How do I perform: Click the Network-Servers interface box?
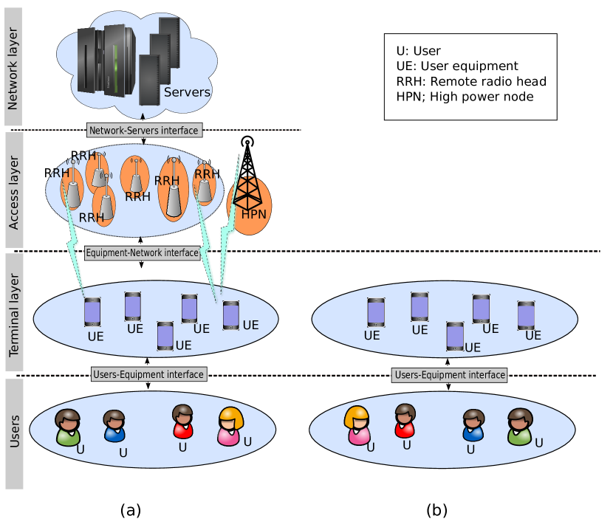[x=145, y=130]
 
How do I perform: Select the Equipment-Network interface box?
[x=143, y=253]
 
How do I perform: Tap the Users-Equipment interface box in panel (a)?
[x=149, y=374]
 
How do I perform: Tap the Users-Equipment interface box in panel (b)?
[x=450, y=375]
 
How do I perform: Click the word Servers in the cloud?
[x=187, y=92]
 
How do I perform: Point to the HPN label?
[x=254, y=214]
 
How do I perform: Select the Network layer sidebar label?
[x=13, y=69]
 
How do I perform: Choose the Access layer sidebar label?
[x=14, y=193]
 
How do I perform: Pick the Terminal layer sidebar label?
[x=14, y=314]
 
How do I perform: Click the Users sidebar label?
[x=14, y=431]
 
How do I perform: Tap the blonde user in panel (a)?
[x=230, y=427]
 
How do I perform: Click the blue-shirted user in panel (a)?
[x=114, y=426]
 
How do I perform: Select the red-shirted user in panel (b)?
[x=405, y=421]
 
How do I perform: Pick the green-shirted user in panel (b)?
[x=520, y=427]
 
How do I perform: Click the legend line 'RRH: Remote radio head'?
[x=471, y=81]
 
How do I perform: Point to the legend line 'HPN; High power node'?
[x=465, y=97]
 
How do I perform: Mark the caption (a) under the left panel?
[x=131, y=510]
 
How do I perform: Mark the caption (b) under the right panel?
[x=436, y=510]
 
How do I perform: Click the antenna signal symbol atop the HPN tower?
[x=247, y=141]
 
